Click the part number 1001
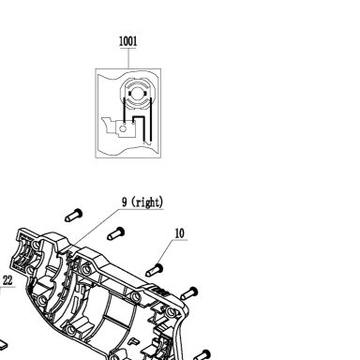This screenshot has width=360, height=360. click(x=128, y=41)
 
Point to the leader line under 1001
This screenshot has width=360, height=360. click(x=128, y=58)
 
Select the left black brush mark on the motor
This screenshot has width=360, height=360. click(x=129, y=93)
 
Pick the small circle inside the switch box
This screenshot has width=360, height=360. click(x=124, y=128)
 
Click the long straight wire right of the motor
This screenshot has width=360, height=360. click(x=151, y=119)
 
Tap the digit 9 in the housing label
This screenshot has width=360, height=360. click(x=125, y=202)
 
